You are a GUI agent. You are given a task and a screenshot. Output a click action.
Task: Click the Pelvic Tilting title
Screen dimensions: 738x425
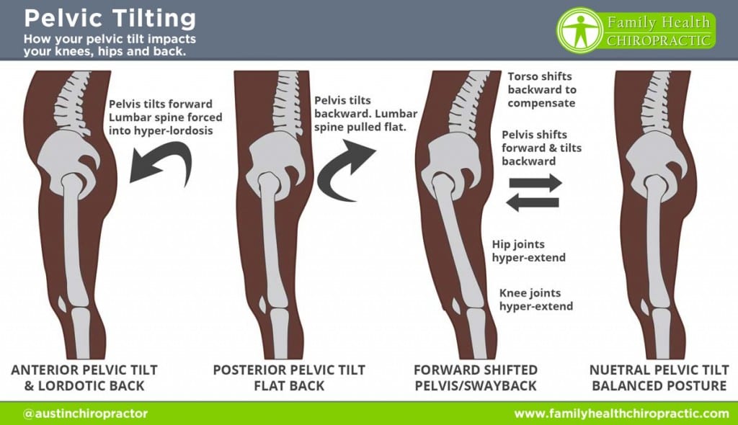(110, 19)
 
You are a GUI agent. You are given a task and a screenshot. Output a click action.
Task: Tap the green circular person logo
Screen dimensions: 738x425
(579, 30)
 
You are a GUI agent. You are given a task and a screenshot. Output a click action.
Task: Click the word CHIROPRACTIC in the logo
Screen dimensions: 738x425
(658, 40)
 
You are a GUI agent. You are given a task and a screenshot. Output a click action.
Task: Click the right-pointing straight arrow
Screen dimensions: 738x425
(535, 182)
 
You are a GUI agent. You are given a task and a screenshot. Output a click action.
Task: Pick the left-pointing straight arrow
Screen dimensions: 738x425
(533, 202)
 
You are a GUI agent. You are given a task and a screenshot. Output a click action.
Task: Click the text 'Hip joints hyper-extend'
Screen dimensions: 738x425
(528, 251)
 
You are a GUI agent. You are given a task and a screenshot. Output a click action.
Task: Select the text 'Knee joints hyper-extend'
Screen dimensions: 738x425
(536, 300)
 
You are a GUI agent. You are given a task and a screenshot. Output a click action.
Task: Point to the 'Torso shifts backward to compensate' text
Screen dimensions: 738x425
(542, 89)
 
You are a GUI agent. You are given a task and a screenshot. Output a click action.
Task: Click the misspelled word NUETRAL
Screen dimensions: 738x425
(618, 370)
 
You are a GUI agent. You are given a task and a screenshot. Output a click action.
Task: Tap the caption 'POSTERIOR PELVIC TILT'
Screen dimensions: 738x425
(289, 370)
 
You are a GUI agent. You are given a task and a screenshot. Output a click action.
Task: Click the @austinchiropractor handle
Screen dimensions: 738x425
(85, 413)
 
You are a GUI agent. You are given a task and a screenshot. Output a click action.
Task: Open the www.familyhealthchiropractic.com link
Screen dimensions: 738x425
(621, 413)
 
